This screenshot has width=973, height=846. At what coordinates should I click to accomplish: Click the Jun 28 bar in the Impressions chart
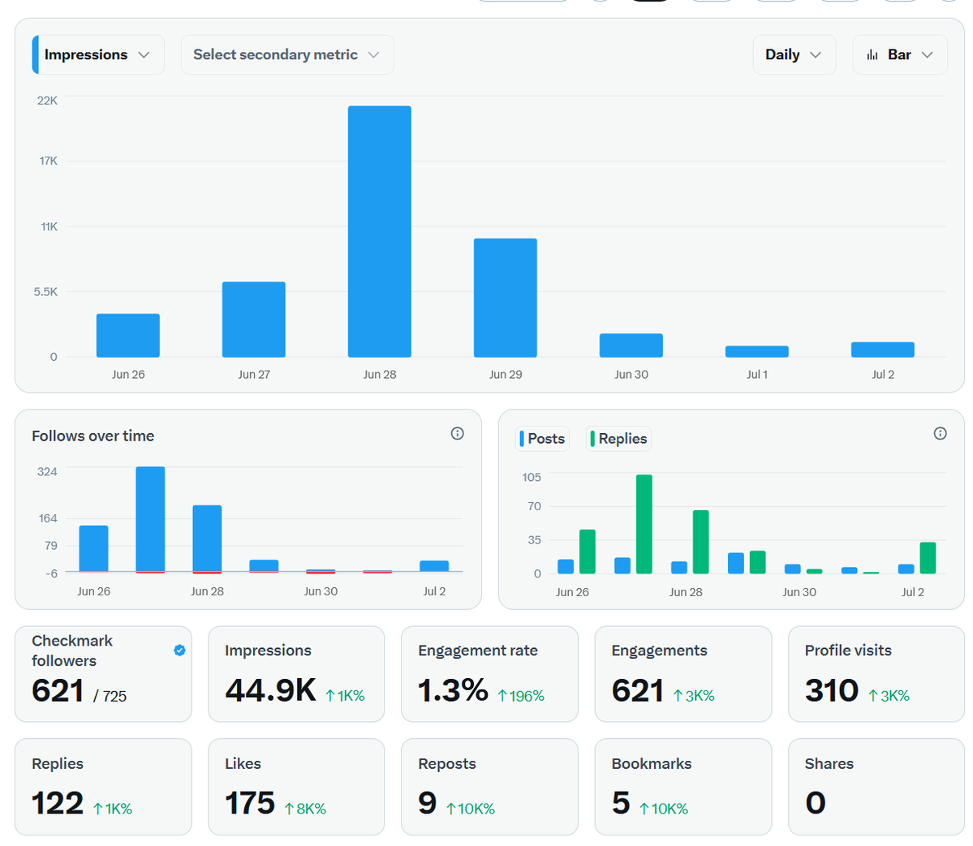coord(379,231)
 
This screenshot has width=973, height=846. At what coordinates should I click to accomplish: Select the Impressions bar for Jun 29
coord(505,298)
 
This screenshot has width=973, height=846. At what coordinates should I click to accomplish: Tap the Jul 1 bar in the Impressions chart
coord(756,352)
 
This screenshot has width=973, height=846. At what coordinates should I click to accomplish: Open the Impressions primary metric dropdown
coord(98,54)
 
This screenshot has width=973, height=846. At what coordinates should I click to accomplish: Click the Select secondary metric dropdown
coord(287,54)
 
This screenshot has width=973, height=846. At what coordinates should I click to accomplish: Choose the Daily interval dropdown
coord(794,54)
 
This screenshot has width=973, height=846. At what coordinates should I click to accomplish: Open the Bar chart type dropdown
coord(900,54)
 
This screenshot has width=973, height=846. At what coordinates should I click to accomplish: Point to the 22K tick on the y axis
coord(47,101)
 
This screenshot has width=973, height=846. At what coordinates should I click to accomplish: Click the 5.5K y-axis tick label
coord(45,291)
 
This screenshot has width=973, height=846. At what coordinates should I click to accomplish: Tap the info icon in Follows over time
coord(458,433)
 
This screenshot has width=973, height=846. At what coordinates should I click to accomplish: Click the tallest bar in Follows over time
coord(150,520)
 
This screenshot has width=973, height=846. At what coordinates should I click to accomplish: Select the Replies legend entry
coord(618,439)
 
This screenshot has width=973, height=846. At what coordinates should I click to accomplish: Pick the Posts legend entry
coord(543,439)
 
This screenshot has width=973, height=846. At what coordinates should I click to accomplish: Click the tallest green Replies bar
coord(644,524)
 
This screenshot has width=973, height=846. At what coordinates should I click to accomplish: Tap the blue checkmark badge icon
coord(180,650)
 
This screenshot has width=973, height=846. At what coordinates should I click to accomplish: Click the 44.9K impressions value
coord(270,691)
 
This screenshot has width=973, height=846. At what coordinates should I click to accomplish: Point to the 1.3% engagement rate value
coord(453,691)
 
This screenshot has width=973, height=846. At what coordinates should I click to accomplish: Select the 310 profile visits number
coord(832,691)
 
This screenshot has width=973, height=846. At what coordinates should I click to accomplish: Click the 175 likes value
coord(249,803)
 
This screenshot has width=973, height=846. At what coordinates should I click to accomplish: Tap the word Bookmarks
coord(652,763)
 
